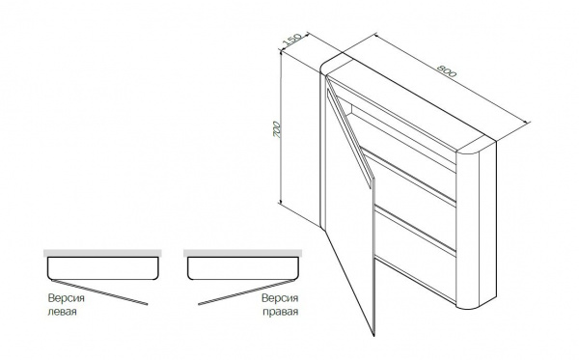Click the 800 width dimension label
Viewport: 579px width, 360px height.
tap(447, 70)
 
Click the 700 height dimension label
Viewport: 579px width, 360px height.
tap(277, 129)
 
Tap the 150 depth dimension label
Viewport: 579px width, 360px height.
tap(292, 40)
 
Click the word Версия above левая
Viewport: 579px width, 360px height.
tap(66, 298)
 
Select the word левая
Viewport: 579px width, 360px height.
tap(63, 312)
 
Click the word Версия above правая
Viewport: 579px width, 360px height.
tap(280, 298)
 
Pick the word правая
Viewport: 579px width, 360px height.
tap(280, 312)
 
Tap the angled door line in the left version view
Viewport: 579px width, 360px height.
tap(99, 292)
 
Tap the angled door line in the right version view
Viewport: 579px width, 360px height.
tap(246, 292)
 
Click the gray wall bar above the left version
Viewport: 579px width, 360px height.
tap(102, 253)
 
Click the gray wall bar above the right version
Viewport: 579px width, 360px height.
tap(242, 253)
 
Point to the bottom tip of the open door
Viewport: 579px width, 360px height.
tap(374, 336)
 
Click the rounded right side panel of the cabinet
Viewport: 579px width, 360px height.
tap(477, 225)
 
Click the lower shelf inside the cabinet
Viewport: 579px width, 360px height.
tap(415, 232)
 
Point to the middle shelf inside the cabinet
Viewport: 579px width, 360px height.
tap(408, 177)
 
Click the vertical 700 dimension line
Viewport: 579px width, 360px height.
tap(281, 127)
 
